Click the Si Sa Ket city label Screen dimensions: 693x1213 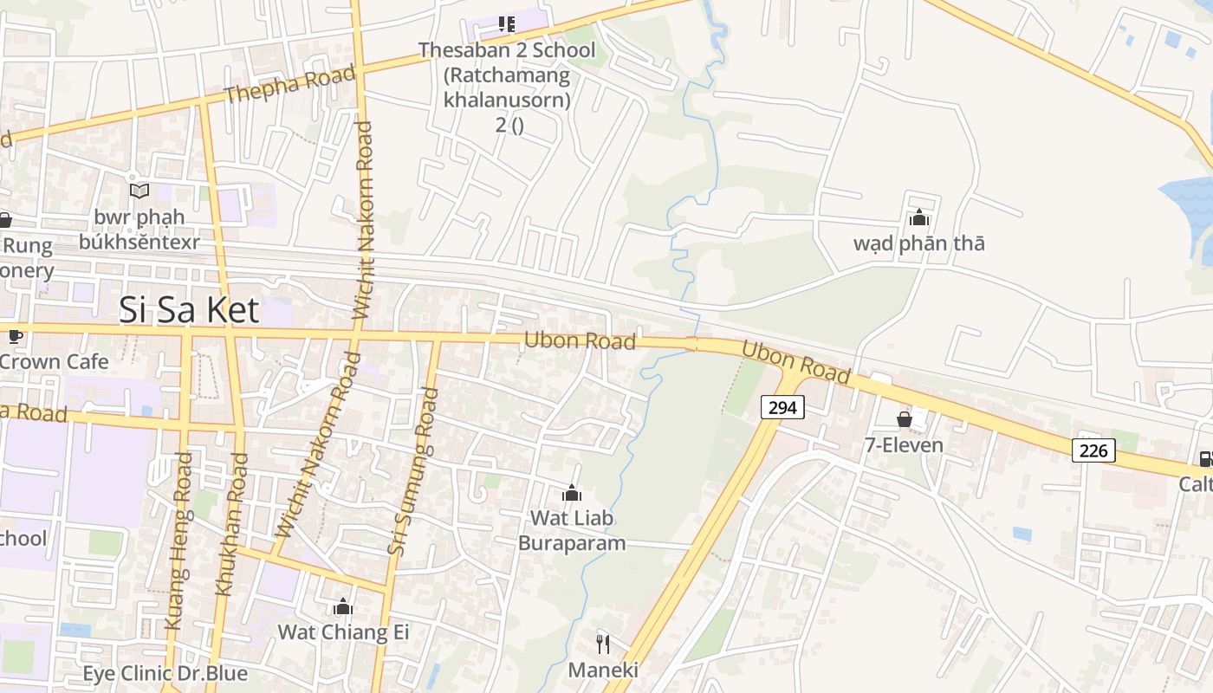pyautogui.click(x=189, y=308)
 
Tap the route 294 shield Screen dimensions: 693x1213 pyautogui.click(x=782, y=406)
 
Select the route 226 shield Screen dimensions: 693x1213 pyautogui.click(x=1093, y=450)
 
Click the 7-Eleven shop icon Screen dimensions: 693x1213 pyautogui.click(x=905, y=420)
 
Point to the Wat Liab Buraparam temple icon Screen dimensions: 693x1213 pyautogui.click(x=572, y=494)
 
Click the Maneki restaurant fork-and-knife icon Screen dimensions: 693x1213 pyautogui.click(x=603, y=644)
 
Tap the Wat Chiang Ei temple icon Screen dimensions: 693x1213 pyautogui.click(x=343, y=606)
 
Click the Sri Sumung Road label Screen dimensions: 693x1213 pyautogui.click(x=413, y=471)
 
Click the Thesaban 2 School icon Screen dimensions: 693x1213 pyautogui.click(x=507, y=24)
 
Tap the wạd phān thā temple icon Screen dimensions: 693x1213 pyautogui.click(x=919, y=217)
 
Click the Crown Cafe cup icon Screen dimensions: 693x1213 pyautogui.click(x=14, y=336)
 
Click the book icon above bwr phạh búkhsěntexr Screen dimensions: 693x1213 pyautogui.click(x=139, y=190)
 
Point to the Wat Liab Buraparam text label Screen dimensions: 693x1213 pyautogui.click(x=572, y=531)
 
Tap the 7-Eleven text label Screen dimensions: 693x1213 pyautogui.click(x=904, y=445)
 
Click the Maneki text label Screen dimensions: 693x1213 pyautogui.click(x=603, y=670)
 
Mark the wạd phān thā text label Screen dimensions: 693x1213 pyautogui.click(x=919, y=243)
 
